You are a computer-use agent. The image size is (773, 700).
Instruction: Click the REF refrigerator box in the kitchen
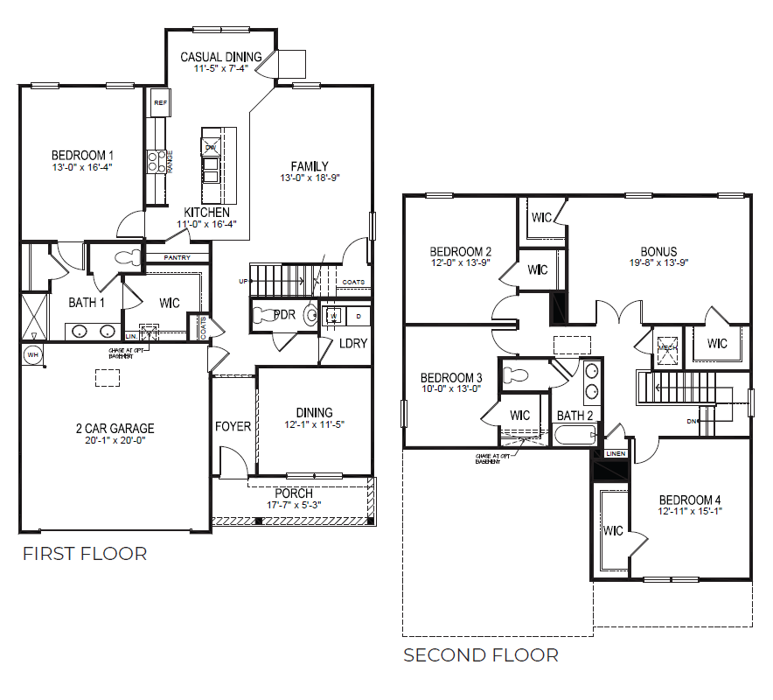160,103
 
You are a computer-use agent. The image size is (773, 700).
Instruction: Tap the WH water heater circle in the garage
32,354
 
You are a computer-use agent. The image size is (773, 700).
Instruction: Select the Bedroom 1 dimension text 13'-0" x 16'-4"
82,166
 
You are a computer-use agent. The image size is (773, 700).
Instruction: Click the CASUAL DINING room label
221,58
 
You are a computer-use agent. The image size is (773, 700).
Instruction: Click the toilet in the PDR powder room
311,316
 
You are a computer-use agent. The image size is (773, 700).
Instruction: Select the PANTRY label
177,257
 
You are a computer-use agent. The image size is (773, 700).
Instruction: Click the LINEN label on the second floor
615,454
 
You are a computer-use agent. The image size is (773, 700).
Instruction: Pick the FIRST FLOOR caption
85,553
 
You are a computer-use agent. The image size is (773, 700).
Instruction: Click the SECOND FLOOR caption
480,654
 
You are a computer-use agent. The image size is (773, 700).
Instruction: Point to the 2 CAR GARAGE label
114,429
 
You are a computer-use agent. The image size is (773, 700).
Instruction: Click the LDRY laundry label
353,344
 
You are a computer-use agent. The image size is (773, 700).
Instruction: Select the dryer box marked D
359,314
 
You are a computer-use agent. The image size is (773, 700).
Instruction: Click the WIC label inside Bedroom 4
613,530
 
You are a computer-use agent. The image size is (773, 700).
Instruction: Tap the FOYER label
233,427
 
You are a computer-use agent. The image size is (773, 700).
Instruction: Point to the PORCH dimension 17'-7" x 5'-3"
294,505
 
